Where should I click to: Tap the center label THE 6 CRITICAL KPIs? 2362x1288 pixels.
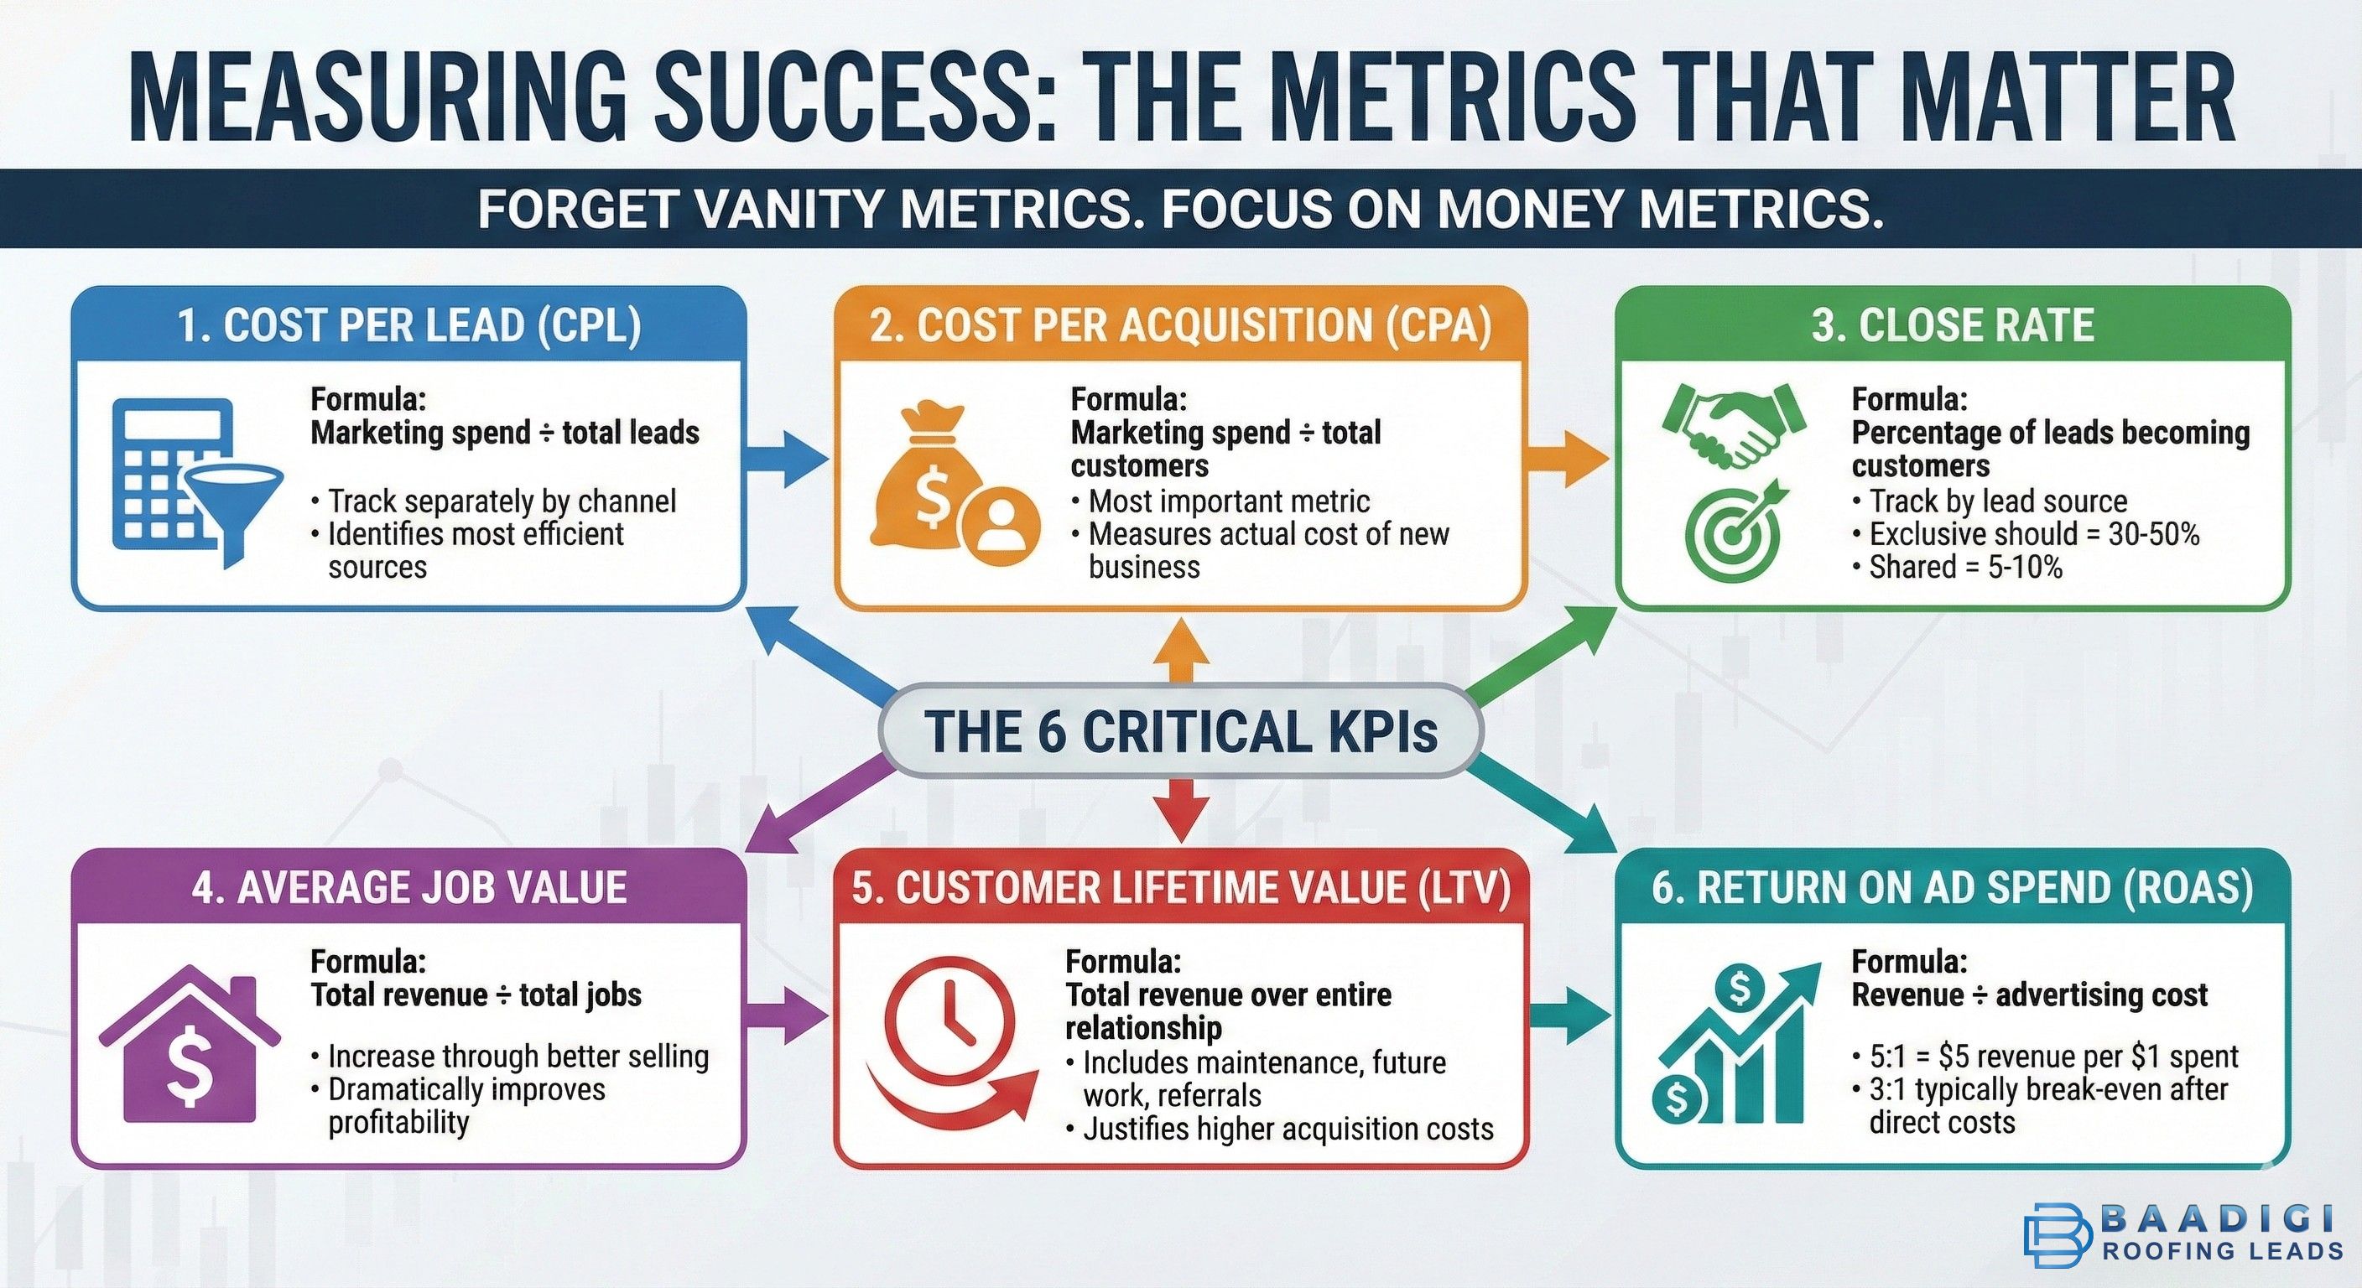(x=1180, y=731)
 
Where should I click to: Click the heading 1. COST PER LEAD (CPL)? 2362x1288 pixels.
(x=409, y=326)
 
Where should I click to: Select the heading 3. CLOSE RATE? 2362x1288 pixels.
(x=1952, y=326)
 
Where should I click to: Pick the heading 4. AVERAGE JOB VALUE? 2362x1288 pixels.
(x=409, y=887)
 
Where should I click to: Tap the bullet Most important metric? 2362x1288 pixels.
(x=1229, y=501)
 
